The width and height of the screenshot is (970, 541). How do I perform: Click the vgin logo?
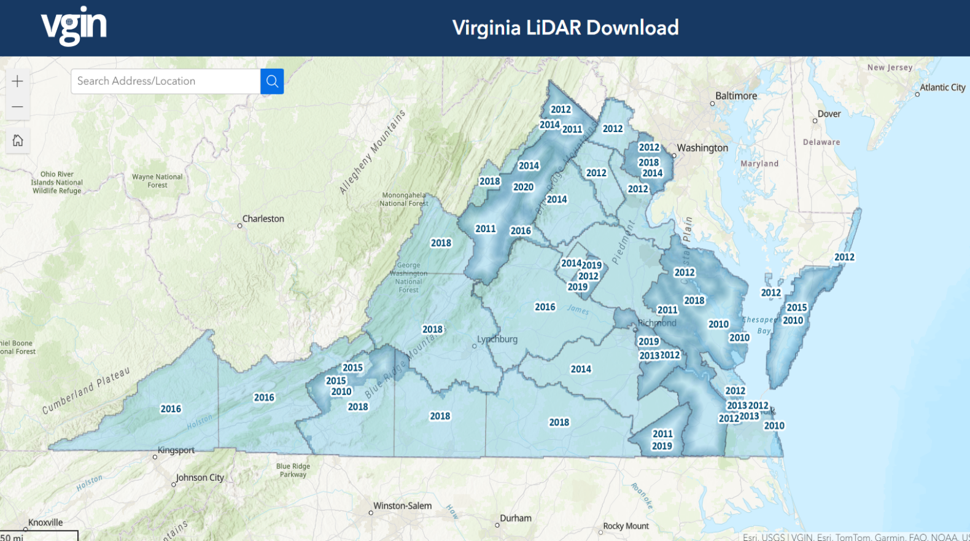tap(74, 26)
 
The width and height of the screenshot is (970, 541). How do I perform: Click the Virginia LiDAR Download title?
tap(565, 28)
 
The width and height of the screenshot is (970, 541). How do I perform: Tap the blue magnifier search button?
tap(272, 81)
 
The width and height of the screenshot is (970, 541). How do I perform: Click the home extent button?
tap(18, 141)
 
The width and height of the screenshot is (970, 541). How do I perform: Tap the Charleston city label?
tap(263, 219)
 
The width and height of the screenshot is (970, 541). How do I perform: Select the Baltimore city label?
tap(735, 96)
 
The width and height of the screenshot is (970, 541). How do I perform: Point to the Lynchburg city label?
tap(497, 339)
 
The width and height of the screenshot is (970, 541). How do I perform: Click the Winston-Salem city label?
tap(402, 506)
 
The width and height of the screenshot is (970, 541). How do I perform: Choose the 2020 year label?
tap(523, 187)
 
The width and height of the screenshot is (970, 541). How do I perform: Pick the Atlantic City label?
tap(942, 87)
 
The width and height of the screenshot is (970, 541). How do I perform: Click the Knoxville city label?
tap(45, 523)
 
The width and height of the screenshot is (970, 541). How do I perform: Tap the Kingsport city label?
tap(176, 450)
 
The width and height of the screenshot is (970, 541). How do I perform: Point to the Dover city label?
tap(829, 114)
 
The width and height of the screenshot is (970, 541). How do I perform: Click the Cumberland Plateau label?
tap(86, 391)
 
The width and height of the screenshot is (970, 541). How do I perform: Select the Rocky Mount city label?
tap(626, 526)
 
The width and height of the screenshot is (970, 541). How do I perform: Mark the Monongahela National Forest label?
tap(403, 199)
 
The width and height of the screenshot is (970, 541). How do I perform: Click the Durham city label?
tap(515, 518)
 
